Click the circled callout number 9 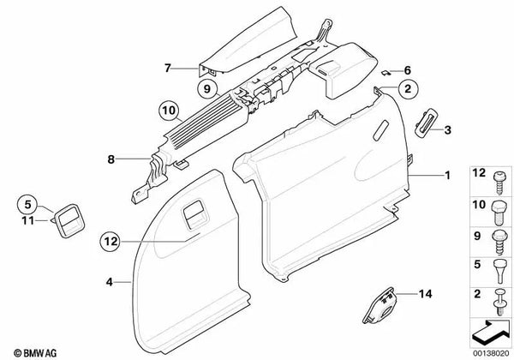206,89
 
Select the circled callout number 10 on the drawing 169,111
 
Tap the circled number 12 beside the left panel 111,242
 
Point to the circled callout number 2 408,88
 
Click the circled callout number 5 27,204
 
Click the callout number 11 28,220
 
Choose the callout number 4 109,282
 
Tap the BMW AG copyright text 35,353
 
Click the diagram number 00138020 490,353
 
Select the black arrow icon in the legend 491,332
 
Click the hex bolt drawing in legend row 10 499,212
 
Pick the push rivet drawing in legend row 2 499,302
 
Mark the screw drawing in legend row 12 499,183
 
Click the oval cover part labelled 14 379,306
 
